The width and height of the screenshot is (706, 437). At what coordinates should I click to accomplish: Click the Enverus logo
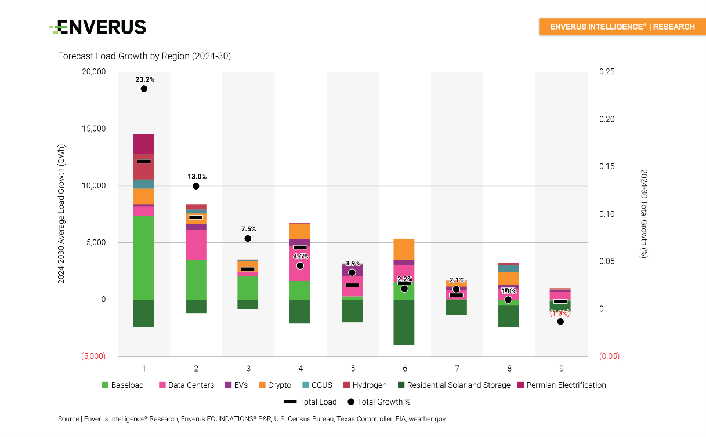coord(98,27)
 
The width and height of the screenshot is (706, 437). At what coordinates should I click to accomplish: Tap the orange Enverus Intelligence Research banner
coord(622,27)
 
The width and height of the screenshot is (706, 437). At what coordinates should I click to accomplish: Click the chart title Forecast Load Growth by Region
coord(144,56)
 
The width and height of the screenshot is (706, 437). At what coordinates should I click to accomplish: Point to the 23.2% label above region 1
coord(144,79)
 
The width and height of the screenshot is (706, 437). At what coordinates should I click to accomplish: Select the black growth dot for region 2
coord(196,186)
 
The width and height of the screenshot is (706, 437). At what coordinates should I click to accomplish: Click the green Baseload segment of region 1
coord(143,257)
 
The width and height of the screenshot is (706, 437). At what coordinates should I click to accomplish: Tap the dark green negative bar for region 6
coord(404,322)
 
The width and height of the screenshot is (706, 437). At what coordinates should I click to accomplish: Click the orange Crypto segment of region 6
coord(404,249)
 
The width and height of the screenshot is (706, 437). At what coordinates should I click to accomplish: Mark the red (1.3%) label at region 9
coord(560,313)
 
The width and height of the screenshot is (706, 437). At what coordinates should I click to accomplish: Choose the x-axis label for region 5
coord(353,368)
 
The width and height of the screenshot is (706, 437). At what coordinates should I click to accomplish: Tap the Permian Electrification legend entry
coord(561,385)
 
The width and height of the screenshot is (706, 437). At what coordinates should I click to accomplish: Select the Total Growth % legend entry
coord(379,402)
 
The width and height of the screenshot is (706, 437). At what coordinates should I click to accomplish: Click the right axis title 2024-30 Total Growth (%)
coord(643,214)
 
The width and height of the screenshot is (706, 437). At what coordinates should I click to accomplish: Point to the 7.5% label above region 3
coord(248,229)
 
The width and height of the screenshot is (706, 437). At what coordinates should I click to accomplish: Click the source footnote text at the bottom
coord(252,418)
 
